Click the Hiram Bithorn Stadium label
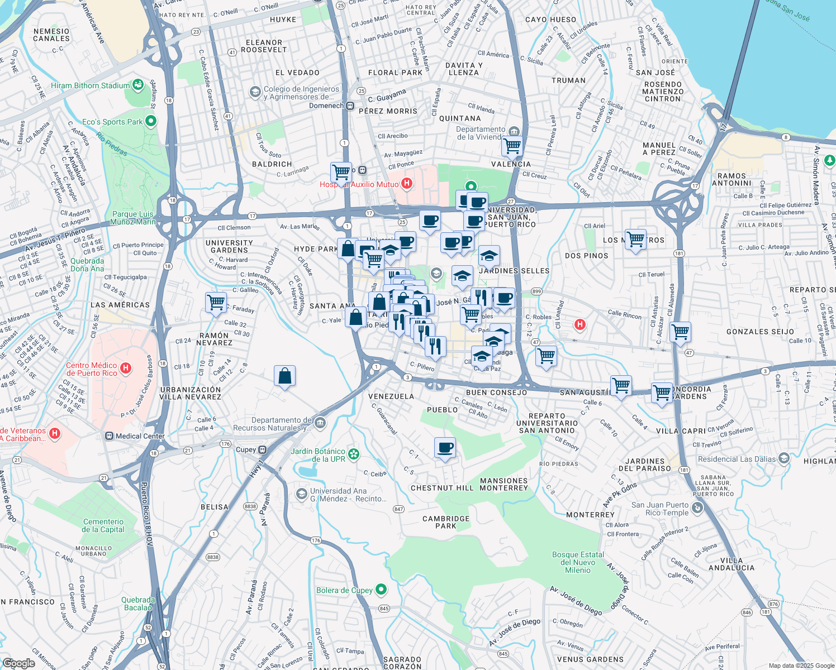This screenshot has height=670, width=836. tap(90, 85)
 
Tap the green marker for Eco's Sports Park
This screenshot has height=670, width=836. tap(150, 121)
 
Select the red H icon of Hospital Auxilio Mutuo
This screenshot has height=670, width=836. tap(407, 183)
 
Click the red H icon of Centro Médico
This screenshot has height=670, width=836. tap(126, 368)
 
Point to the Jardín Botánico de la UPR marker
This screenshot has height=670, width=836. tap(354, 454)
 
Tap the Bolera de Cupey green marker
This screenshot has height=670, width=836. tap(381, 589)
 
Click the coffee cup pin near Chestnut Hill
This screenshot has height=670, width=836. tap(445, 447)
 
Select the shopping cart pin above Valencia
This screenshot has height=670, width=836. tap(512, 146)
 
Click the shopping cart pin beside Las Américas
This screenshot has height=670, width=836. tap(216, 303)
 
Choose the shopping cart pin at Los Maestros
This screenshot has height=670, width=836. tap(635, 240)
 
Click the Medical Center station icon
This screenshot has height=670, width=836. tap(109, 436)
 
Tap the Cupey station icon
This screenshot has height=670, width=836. tap(262, 449)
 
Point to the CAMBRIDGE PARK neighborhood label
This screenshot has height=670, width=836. tap(446, 522)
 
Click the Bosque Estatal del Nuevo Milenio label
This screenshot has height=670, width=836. tap(578, 562)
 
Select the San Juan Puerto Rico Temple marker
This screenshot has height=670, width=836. tap(697, 508)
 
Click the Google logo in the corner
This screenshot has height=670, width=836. tap(18, 663)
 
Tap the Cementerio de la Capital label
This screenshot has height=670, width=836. tap(103, 525)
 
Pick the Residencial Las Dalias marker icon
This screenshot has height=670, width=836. tap(784, 459)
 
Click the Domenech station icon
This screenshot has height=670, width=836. tap(350, 106)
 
